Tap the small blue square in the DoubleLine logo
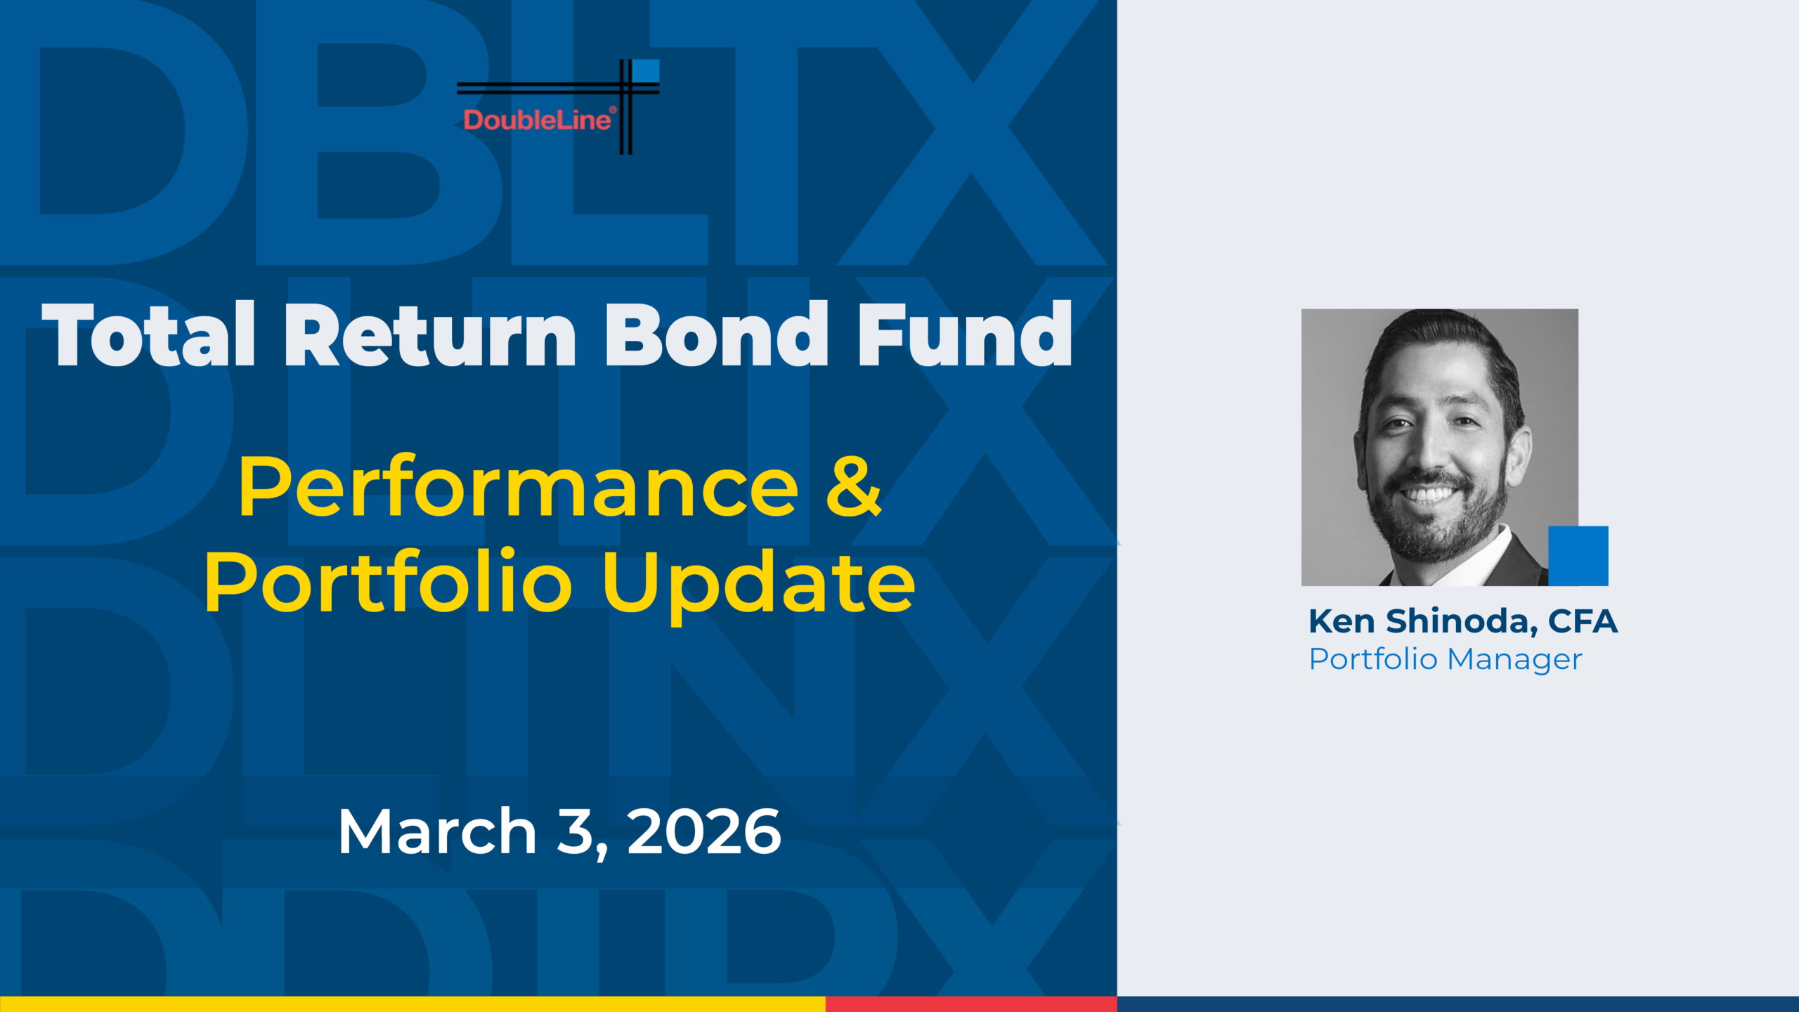(646, 71)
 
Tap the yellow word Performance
(519, 488)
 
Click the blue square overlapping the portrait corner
(1578, 556)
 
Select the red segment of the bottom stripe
(971, 1004)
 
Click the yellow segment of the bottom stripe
(413, 1004)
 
